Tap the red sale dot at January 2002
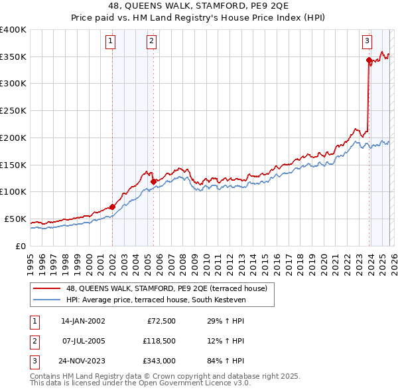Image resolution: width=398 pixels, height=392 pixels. point(112,207)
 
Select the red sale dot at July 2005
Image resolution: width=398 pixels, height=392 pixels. point(153,181)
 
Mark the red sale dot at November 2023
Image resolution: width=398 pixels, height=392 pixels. point(369,60)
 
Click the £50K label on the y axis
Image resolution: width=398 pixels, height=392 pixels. point(16,219)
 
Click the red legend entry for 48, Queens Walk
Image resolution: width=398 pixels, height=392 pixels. point(166,288)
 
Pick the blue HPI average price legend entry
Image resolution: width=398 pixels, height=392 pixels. point(156,300)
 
